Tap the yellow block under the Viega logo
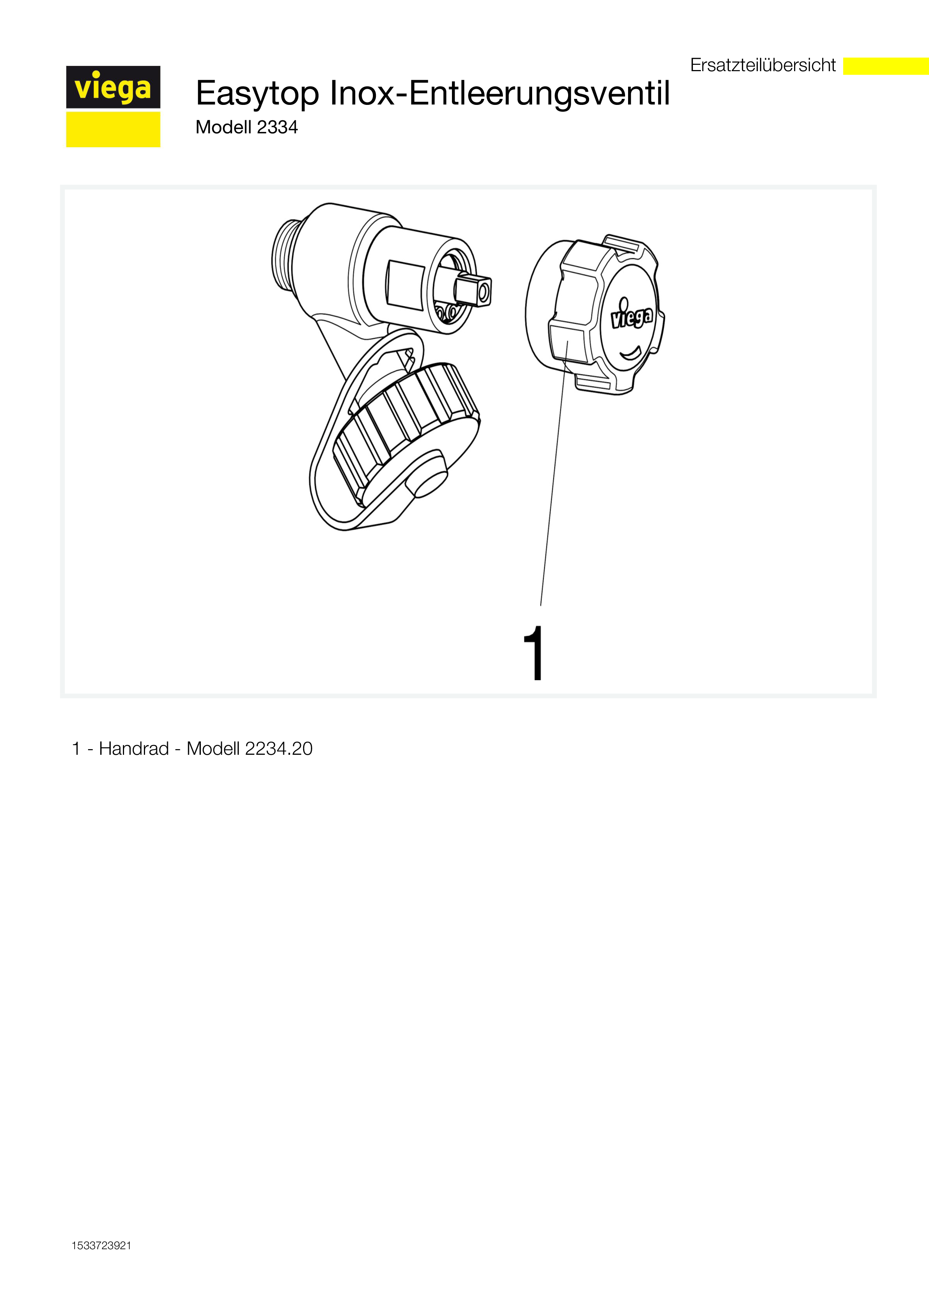point(113,129)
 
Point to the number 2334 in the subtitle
point(278,127)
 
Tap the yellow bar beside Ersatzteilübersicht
point(886,66)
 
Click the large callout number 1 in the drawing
point(534,653)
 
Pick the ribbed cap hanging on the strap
point(406,435)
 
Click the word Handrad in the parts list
point(134,748)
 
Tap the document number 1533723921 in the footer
point(101,1246)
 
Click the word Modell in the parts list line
point(213,748)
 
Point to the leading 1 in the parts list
point(76,748)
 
